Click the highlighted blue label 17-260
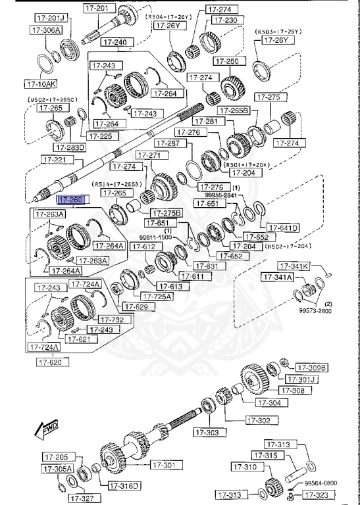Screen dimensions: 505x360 click(x=71, y=199)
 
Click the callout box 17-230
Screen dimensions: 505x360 click(x=223, y=20)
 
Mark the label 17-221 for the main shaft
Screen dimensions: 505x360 click(x=55, y=159)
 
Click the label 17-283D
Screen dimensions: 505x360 click(x=69, y=147)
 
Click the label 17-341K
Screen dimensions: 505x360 click(x=294, y=266)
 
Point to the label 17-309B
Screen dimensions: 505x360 click(x=311, y=367)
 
